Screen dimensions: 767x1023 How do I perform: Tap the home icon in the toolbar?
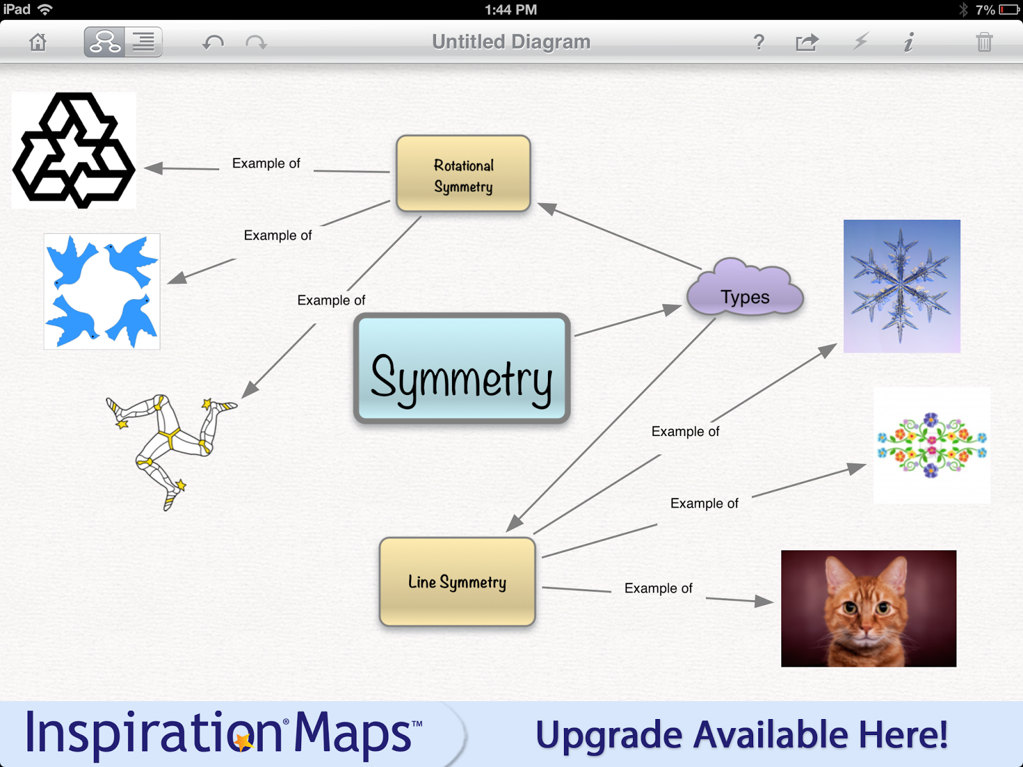[x=38, y=43]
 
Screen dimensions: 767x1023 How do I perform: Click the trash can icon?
[x=984, y=43]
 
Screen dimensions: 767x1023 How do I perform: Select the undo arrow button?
[x=213, y=43]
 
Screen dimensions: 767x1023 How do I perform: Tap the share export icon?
[x=807, y=43]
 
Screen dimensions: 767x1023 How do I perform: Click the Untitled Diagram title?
[x=511, y=42]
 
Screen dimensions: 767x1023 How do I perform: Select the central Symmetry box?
[x=462, y=369]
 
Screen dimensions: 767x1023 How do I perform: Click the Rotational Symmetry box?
[x=464, y=174]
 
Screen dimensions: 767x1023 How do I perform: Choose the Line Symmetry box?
[x=457, y=582]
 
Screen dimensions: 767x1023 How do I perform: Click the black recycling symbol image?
[x=74, y=151]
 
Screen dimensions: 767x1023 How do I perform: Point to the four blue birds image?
[x=102, y=291]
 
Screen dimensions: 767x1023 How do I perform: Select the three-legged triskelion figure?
[x=169, y=447]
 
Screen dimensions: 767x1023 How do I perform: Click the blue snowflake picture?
[x=902, y=286]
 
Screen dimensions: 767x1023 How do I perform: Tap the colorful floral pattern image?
[x=932, y=445]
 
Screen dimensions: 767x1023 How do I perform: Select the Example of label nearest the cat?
[x=658, y=588]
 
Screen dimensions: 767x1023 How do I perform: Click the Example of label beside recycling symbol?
[x=266, y=164]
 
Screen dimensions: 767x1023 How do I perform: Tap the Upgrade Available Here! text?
[x=742, y=735]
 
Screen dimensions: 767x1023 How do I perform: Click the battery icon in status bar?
[x=1010, y=10]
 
